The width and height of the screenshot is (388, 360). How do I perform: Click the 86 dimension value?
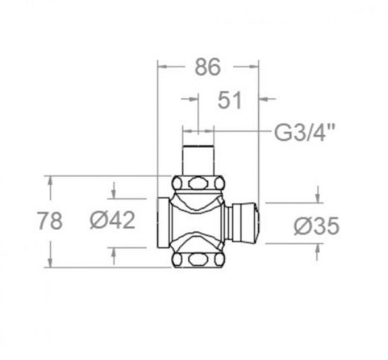click(207, 66)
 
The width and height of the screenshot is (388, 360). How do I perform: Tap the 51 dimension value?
click(230, 100)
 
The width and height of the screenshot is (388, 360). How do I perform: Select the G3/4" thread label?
click(304, 132)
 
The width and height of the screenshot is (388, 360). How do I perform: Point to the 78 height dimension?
click(50, 220)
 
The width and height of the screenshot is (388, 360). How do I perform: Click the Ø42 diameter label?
click(113, 220)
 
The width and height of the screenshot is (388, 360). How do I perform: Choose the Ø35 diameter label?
click(316, 226)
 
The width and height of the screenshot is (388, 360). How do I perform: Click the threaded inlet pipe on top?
click(198, 160)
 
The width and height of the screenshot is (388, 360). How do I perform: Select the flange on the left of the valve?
click(163, 223)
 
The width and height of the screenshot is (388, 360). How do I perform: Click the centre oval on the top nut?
click(198, 184)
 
